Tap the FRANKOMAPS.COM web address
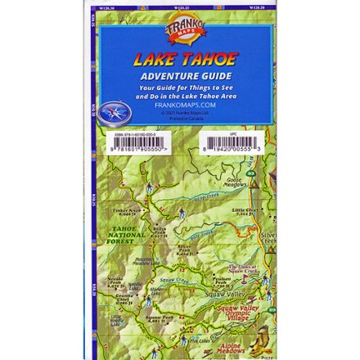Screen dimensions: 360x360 pyautogui.click(x=180, y=104)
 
